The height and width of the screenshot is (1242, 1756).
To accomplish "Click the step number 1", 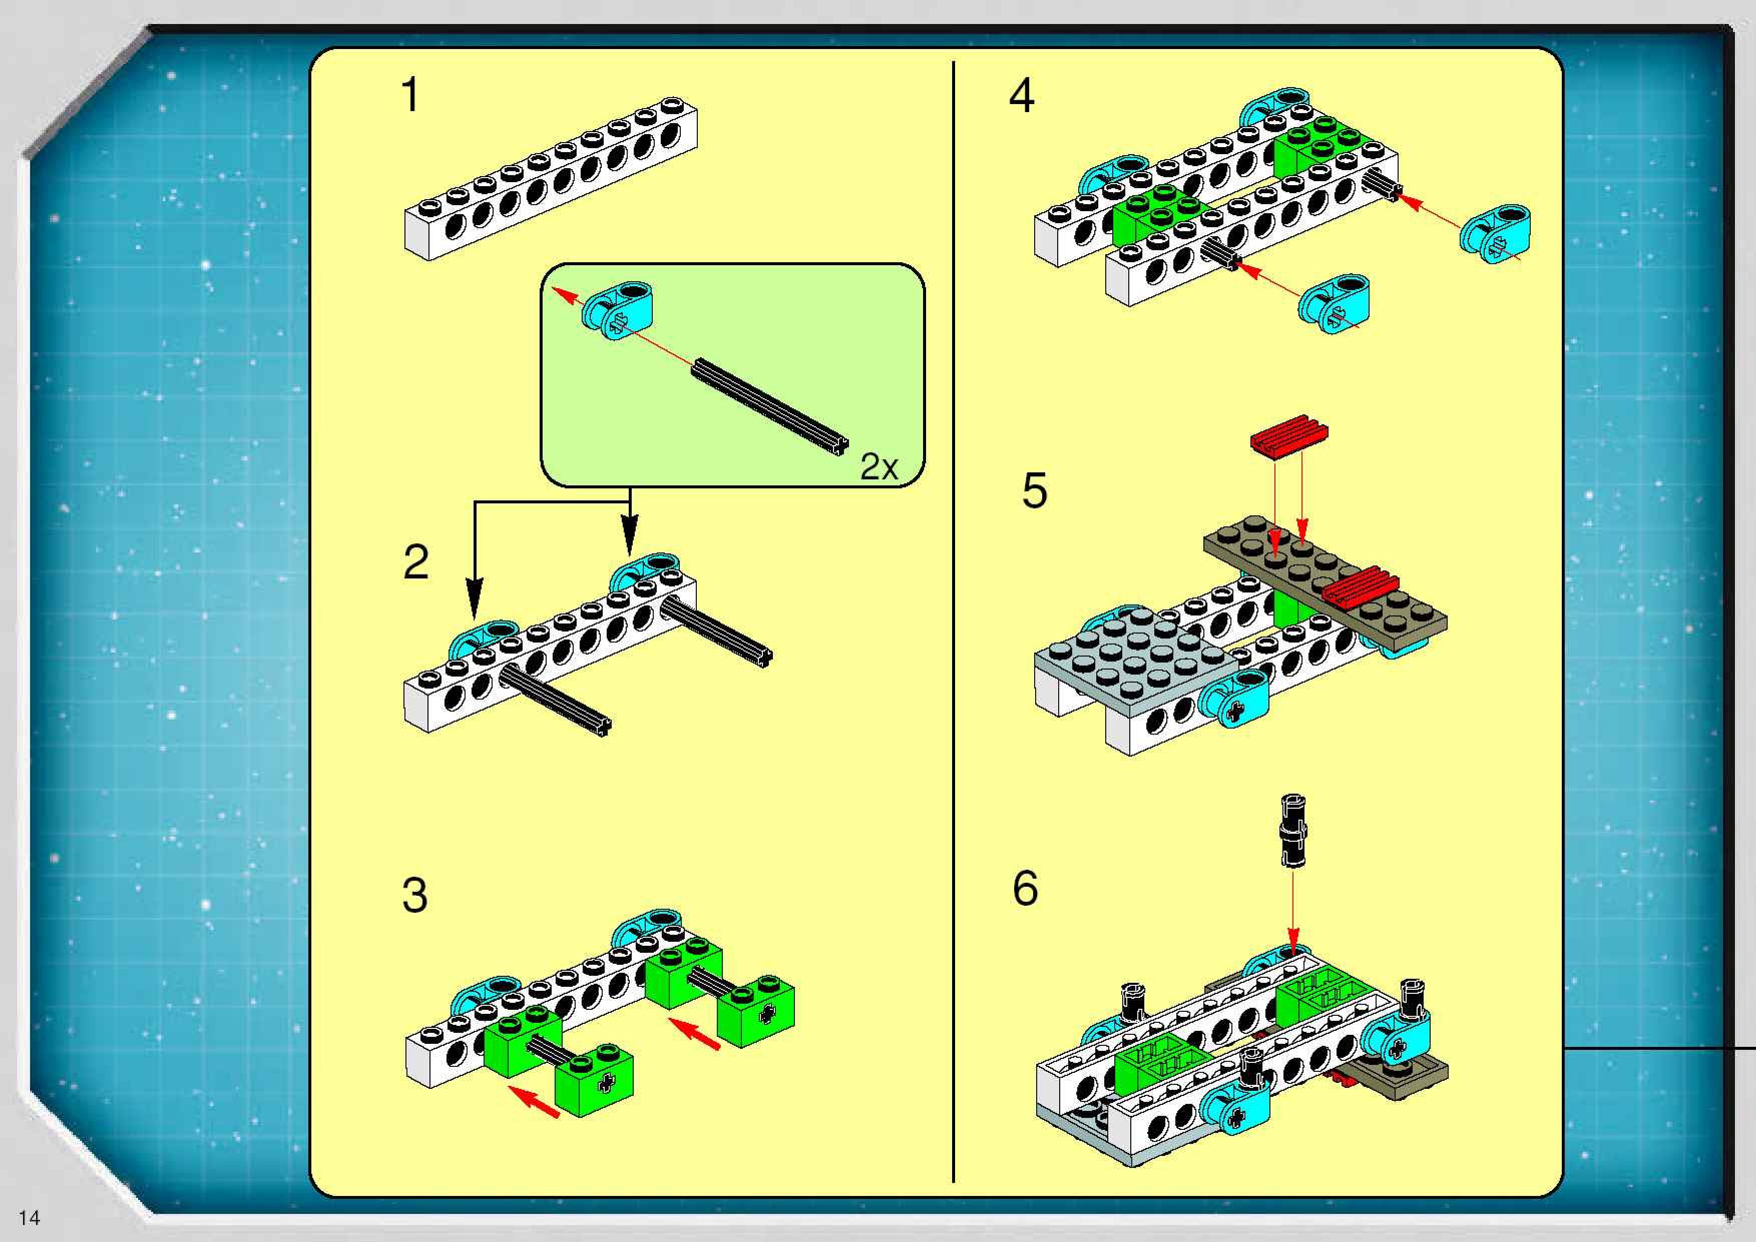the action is point(410,96).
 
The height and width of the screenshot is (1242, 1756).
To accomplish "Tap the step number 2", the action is point(415,563).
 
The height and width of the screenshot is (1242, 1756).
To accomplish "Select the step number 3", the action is point(414,895).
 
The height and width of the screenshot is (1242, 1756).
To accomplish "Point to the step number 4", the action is point(1022,97).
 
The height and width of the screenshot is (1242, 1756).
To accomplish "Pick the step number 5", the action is point(1034,491).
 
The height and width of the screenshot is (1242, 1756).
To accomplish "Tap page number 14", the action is point(29,1217).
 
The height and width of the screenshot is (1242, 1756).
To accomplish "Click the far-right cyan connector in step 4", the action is point(1496,233).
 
